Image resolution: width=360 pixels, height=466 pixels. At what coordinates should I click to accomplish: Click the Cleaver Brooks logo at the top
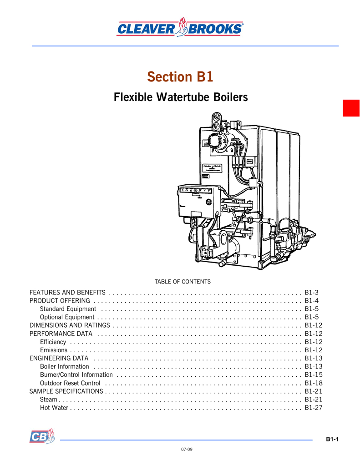pyautogui.click(x=180, y=28)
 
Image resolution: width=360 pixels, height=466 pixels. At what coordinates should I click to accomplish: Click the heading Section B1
pyautogui.click(x=180, y=77)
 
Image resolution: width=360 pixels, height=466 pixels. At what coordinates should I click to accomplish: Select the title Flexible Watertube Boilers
pyautogui.click(x=180, y=97)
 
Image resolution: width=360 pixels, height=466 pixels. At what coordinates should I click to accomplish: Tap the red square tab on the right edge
pyautogui.click(x=351, y=108)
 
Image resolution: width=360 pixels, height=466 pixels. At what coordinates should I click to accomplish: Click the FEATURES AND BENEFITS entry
pyautogui.click(x=67, y=292)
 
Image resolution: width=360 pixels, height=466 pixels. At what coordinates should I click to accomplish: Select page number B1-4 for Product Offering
pyautogui.click(x=312, y=301)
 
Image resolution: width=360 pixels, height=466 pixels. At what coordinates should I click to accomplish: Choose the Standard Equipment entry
pyautogui.click(x=68, y=309)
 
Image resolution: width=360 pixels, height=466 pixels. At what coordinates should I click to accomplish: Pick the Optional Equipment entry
pyautogui.click(x=67, y=317)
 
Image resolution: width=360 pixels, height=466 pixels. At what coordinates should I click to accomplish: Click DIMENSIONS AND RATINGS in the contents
pyautogui.click(x=70, y=325)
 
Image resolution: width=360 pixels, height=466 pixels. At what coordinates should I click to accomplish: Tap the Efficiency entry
pyautogui.click(x=53, y=342)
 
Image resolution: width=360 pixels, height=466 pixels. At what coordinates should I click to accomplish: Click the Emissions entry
pyautogui.click(x=53, y=350)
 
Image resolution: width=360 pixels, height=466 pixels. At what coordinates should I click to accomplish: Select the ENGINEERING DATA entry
pyautogui.click(x=59, y=358)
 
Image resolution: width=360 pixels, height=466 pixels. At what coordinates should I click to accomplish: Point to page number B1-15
pyautogui.click(x=314, y=375)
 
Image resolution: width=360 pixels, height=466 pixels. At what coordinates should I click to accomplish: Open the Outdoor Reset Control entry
pyautogui.click(x=70, y=383)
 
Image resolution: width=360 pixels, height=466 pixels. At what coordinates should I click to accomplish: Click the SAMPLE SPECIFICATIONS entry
pyautogui.click(x=66, y=391)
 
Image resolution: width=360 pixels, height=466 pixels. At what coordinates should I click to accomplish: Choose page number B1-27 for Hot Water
pyautogui.click(x=314, y=407)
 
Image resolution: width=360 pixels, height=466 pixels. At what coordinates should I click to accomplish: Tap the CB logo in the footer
pyautogui.click(x=42, y=436)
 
